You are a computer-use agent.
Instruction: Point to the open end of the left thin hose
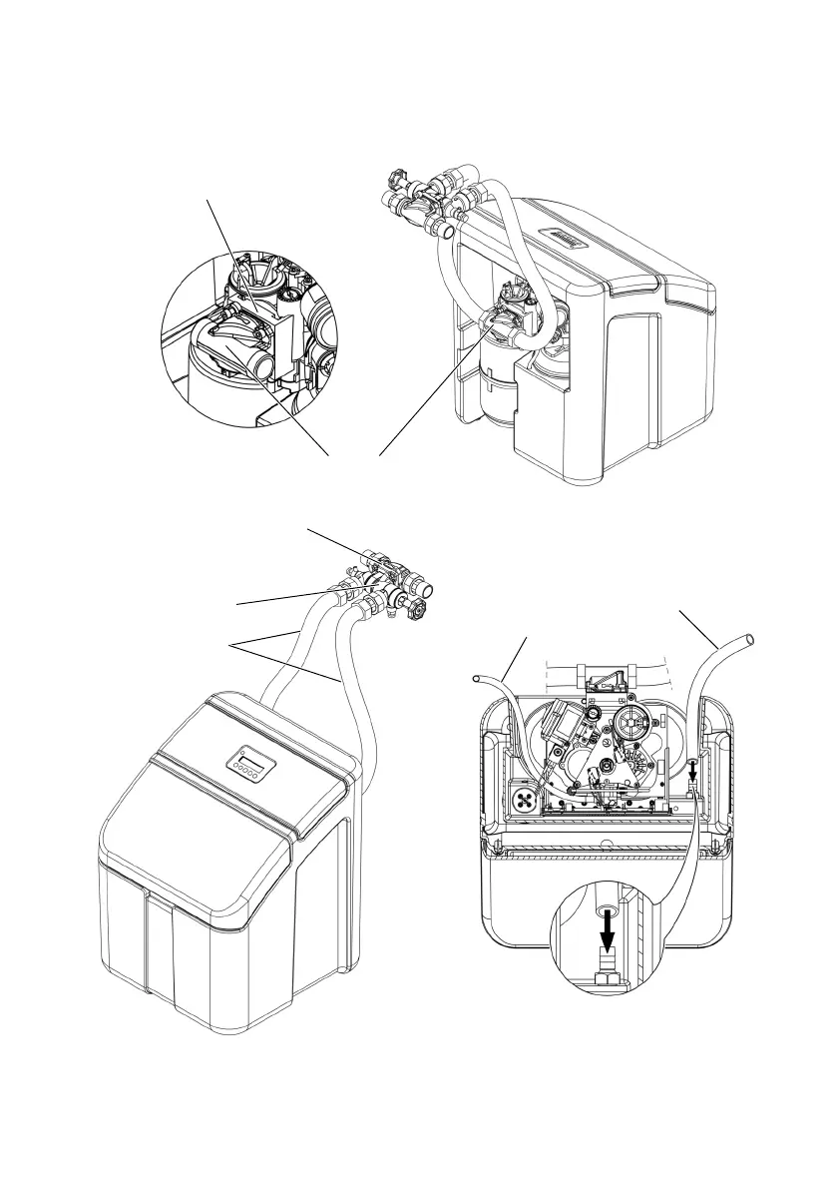tap(478, 681)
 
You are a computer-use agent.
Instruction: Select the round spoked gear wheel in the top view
tap(630, 723)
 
